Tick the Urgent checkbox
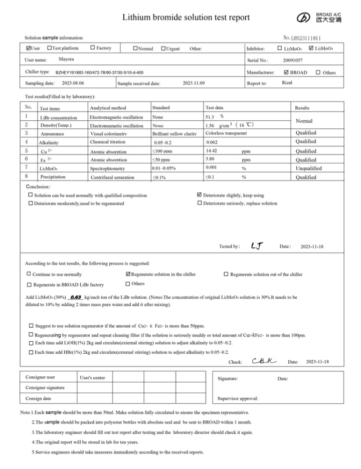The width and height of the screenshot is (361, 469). (x=163, y=49)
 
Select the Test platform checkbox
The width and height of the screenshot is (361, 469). (x=49, y=48)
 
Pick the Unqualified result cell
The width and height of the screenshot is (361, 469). (x=309, y=168)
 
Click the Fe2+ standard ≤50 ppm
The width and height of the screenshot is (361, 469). (x=163, y=160)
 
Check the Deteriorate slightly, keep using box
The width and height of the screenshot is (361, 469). (x=200, y=195)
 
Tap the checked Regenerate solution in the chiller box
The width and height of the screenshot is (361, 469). (x=128, y=274)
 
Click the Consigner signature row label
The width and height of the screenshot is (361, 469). (x=45, y=387)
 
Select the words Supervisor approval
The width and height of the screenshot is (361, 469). (x=238, y=399)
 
